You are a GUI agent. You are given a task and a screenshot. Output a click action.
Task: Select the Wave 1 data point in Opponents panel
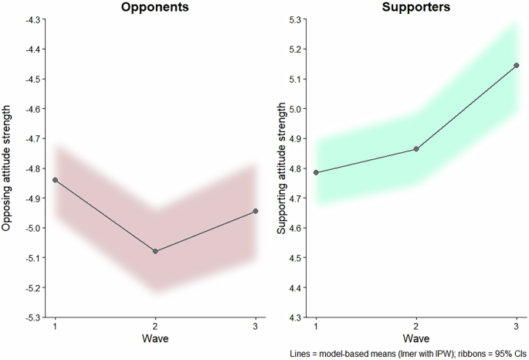pos(55,180)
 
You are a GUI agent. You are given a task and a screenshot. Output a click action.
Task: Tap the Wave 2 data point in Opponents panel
pos(155,251)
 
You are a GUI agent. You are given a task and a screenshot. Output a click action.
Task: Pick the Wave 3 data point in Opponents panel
pos(256,211)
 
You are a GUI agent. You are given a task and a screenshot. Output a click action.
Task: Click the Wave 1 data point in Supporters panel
pos(316,172)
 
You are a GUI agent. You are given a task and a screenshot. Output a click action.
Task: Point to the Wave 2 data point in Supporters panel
pos(416,149)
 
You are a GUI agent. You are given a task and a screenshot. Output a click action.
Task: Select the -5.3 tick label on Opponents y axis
pos(35,318)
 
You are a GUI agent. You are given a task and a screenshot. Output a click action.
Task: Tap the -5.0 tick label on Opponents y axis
pos(35,228)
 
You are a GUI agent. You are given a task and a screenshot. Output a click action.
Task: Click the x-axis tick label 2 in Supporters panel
pos(416,327)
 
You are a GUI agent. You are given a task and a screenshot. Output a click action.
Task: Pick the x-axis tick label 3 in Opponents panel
pos(256,327)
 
